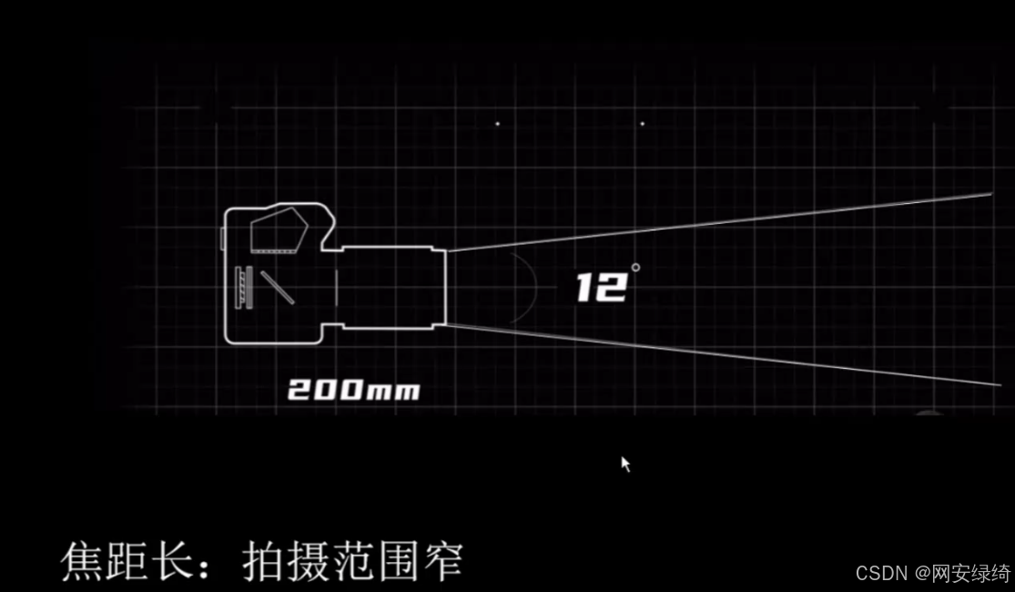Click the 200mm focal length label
click(354, 391)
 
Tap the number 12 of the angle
click(601, 288)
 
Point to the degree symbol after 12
click(635, 267)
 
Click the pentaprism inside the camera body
click(278, 230)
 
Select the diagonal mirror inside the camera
click(277, 286)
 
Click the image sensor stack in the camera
click(242, 287)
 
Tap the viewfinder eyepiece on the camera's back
click(223, 239)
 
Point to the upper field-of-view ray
click(719, 221)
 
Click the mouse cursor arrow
click(625, 464)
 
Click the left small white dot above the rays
click(497, 124)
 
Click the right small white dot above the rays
click(643, 124)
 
